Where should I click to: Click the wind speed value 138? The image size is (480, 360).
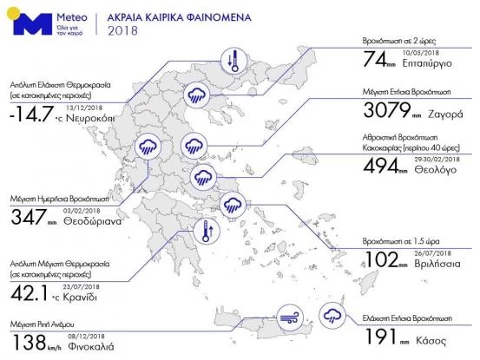30,342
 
